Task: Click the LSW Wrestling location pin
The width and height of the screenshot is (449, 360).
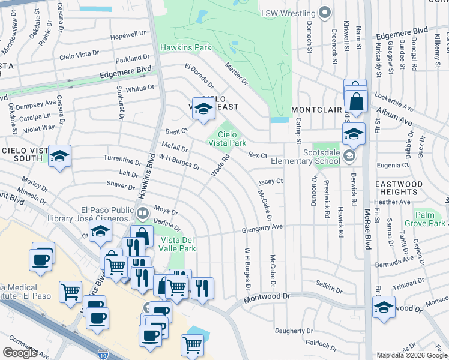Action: [x=325, y=13]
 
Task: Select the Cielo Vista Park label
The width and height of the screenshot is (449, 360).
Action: [x=227, y=139]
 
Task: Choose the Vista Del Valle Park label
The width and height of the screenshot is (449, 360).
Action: [x=178, y=244]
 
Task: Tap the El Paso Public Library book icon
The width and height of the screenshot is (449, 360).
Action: [x=142, y=213]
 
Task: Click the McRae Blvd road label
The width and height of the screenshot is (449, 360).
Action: [x=367, y=228]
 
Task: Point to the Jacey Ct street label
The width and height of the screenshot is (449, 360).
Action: [x=270, y=181]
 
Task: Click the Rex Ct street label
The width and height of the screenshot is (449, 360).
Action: [x=258, y=155]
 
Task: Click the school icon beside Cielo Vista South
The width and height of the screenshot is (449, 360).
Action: [x=60, y=157]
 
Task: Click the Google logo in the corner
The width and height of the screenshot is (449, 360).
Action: [x=20, y=353]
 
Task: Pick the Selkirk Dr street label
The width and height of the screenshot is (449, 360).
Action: [x=330, y=290]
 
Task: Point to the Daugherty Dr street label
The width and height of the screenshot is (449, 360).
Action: [x=294, y=331]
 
